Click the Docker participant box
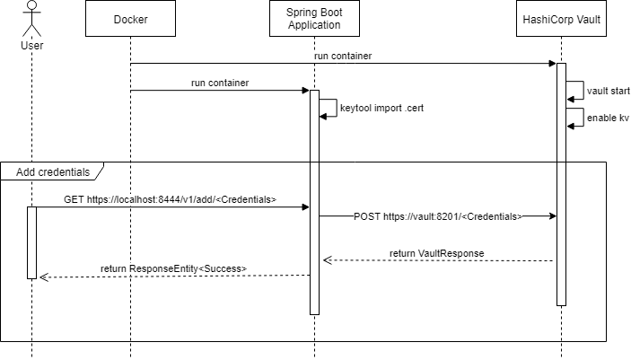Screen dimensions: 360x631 tap(131, 19)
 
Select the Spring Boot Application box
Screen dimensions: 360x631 tap(314, 19)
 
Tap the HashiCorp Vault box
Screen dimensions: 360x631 tap(562, 19)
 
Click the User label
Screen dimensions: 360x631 tap(31, 46)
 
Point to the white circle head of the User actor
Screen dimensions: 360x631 tap(31, 5)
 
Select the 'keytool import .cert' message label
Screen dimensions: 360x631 tap(381, 108)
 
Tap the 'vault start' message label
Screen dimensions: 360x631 tap(608, 92)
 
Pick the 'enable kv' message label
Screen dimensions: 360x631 tap(608, 119)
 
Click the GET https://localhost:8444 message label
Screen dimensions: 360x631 tap(170, 199)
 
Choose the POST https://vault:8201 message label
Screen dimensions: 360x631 tap(438, 217)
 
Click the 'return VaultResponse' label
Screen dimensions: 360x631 tap(437, 254)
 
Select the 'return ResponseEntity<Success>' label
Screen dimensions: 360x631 tap(173, 268)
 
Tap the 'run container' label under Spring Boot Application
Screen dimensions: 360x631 tap(343, 57)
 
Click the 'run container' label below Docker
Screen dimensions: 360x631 tap(220, 83)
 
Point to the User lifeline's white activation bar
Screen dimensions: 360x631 tap(31, 242)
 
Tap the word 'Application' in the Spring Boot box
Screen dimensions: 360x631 tap(314, 25)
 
